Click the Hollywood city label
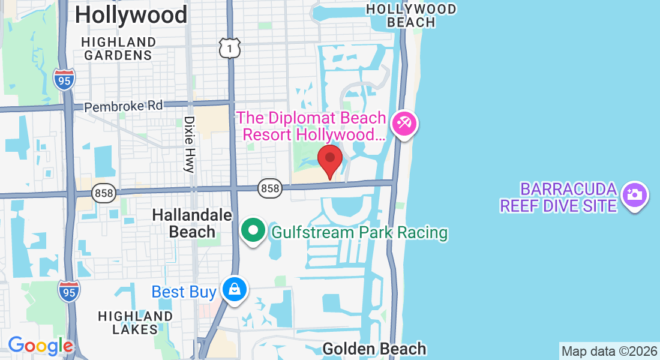(x=131, y=14)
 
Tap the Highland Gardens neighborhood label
(x=118, y=49)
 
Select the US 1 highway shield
(x=230, y=47)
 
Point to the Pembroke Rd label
(x=123, y=106)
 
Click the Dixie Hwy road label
(x=190, y=145)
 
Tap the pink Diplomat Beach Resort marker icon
(x=404, y=125)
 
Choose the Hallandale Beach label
(x=184, y=223)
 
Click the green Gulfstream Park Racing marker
(x=254, y=231)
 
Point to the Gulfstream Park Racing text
(x=360, y=232)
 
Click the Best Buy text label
(x=184, y=292)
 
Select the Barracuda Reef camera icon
(x=634, y=195)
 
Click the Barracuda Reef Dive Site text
(x=559, y=198)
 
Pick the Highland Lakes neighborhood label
(x=135, y=322)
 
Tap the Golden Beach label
(x=374, y=349)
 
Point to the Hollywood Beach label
(x=411, y=16)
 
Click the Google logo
(x=40, y=345)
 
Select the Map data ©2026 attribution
(x=609, y=350)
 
